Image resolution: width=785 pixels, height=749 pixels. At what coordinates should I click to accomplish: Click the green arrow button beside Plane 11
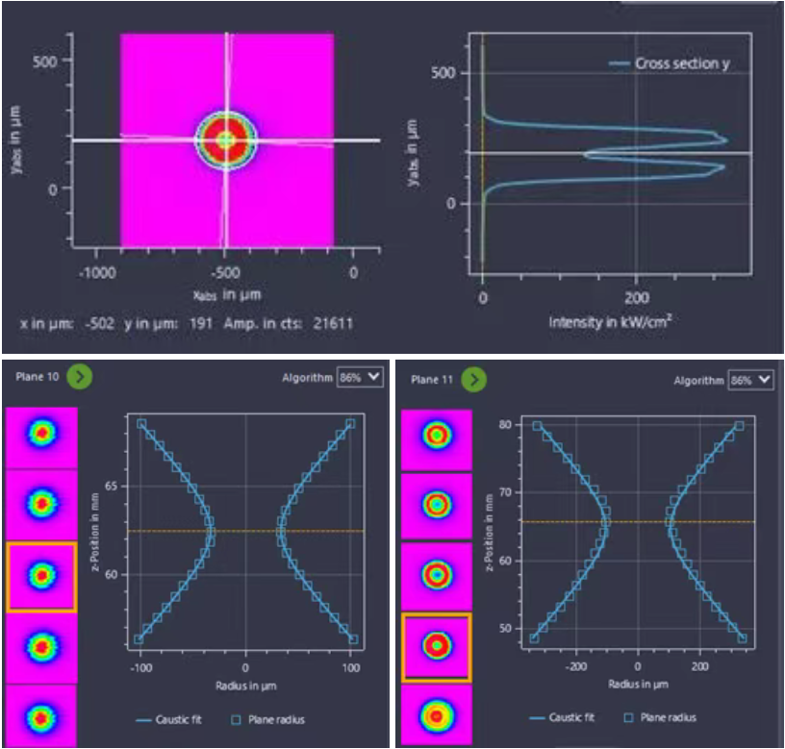click(472, 380)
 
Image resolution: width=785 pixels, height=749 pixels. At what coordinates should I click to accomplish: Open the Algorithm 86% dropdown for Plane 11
click(750, 380)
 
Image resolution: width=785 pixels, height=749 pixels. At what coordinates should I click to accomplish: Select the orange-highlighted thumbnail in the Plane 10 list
click(41, 576)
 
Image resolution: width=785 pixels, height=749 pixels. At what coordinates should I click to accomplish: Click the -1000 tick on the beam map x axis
click(97, 273)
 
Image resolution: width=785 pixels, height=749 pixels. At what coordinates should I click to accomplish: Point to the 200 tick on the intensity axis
click(637, 298)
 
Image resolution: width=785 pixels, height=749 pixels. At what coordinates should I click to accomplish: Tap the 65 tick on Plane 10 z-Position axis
click(112, 487)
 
